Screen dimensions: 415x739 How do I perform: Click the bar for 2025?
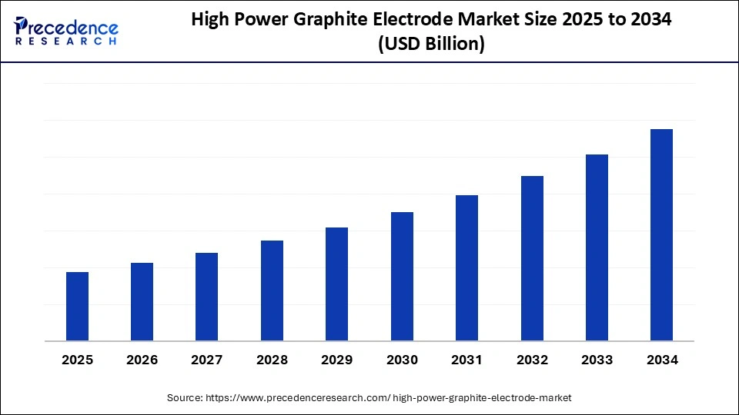click(x=77, y=306)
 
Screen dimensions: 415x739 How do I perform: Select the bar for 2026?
click(x=142, y=301)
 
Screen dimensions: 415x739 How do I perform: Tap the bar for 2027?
click(x=206, y=297)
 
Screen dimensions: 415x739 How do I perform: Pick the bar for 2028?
click(x=272, y=290)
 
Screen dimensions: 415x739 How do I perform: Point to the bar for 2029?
click(x=336, y=284)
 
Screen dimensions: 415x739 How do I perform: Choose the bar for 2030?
click(x=402, y=276)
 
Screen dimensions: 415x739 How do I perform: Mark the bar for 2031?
click(x=466, y=267)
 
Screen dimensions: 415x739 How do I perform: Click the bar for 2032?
click(x=532, y=258)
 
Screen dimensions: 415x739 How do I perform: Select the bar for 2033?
click(x=597, y=247)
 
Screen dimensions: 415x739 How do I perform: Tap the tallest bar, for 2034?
click(x=661, y=234)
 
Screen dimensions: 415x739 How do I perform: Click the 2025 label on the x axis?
click(x=77, y=360)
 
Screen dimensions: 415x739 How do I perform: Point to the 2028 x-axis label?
click(x=272, y=360)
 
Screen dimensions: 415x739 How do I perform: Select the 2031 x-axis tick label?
click(x=466, y=360)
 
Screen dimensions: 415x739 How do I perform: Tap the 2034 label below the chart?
click(x=661, y=360)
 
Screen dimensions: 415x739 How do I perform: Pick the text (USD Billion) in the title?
click(x=430, y=45)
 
